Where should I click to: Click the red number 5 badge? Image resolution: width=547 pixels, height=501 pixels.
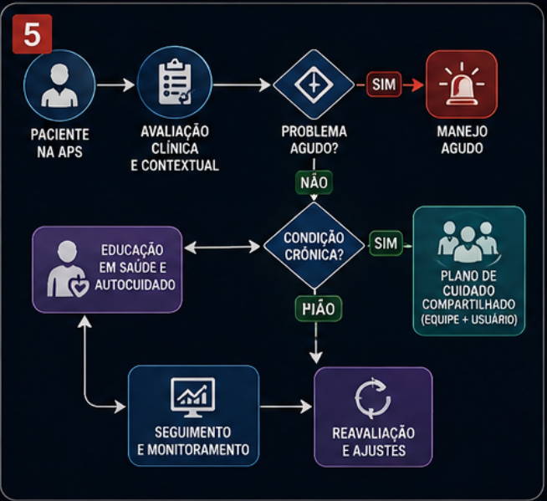coord(32,34)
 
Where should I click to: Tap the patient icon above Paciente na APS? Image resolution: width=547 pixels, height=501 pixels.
coord(59,85)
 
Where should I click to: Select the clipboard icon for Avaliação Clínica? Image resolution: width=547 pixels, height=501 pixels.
coord(175,82)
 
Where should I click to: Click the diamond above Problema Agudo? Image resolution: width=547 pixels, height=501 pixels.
coord(314,84)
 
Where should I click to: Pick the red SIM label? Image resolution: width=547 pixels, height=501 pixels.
coord(384,84)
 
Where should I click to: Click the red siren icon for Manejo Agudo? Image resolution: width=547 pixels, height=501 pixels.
coord(462,84)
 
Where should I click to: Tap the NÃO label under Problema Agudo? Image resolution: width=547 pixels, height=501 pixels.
coord(314,182)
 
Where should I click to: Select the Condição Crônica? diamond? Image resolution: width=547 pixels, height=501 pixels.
coord(314,246)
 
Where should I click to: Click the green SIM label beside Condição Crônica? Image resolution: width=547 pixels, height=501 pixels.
coord(386,243)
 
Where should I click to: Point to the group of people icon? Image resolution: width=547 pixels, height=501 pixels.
coord(468,242)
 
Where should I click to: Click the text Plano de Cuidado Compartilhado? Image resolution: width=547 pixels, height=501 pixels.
coord(468,290)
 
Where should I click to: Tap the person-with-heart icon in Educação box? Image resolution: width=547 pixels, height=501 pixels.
coord(67,269)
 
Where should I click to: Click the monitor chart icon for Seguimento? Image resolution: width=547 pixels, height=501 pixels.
coord(192,397)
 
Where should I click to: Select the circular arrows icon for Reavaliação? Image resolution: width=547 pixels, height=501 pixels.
coord(372,398)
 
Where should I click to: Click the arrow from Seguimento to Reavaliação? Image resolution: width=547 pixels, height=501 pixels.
coord(286,406)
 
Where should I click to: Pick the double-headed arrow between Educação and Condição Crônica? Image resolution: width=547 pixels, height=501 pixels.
coord(222,248)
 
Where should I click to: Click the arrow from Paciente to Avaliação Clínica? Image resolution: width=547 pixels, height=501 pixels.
coord(115,84)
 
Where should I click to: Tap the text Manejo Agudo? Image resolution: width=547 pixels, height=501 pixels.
coord(462,140)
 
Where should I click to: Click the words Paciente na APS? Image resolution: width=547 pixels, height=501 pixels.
coord(60,143)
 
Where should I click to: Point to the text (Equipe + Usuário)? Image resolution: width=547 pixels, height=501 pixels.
coord(469,320)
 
